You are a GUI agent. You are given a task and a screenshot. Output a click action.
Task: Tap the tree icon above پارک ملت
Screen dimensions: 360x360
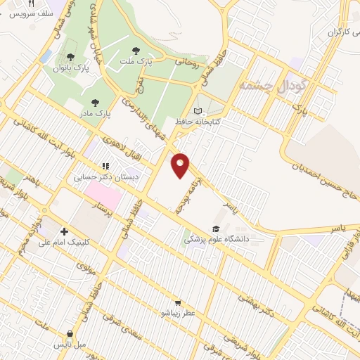(136, 51)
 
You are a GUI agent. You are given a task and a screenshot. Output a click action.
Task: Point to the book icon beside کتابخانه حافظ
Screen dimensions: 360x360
(198, 111)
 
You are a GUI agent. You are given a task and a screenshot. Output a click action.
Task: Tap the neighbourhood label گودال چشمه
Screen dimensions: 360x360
(274, 85)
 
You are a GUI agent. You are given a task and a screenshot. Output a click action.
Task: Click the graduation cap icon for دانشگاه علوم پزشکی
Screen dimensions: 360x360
(217, 229)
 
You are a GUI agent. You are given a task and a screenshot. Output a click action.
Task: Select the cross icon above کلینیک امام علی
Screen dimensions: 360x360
(65, 231)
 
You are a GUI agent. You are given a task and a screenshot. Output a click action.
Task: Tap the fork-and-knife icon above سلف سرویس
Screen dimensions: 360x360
(31, 4)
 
